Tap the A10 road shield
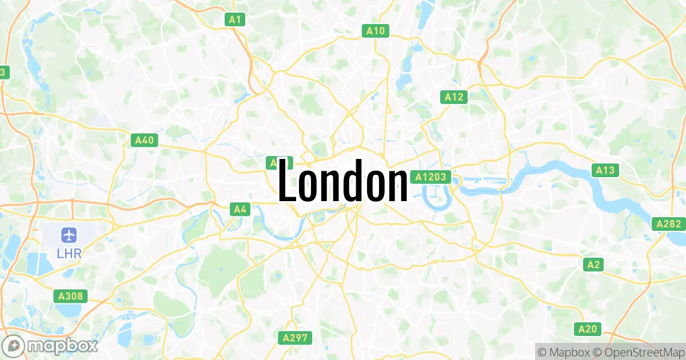tap(376, 31)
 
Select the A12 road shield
tap(454, 97)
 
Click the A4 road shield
tap(240, 209)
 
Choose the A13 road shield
tap(605, 170)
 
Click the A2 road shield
tap(594, 265)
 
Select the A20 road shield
tap(588, 329)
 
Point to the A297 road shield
tap(295, 338)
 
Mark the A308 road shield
tap(71, 296)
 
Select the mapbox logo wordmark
tap(63, 346)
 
